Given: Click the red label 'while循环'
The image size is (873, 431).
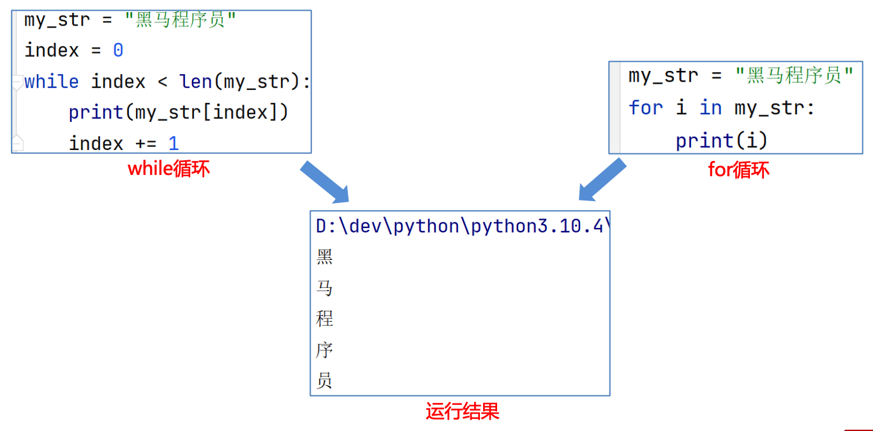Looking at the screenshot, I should click(168, 169).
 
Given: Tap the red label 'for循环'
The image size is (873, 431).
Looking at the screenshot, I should click(738, 169).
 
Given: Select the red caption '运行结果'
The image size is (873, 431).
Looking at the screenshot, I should click(462, 411).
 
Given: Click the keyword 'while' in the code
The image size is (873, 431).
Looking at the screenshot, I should click(52, 82).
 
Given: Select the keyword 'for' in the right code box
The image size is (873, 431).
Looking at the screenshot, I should click(646, 108).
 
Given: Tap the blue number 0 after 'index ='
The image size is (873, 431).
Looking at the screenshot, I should click(118, 50).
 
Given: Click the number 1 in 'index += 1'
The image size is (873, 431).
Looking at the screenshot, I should click(174, 143).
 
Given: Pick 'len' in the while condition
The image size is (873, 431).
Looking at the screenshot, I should click(195, 82).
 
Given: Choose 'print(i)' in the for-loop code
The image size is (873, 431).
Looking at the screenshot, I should click(721, 140).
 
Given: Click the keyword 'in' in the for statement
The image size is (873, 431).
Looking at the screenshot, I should click(710, 108).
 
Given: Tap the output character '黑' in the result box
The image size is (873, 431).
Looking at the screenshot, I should click(325, 257).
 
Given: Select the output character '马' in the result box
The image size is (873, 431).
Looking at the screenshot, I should click(325, 288).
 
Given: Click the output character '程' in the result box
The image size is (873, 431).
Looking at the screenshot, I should click(325, 319).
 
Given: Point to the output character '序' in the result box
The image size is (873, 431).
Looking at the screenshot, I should click(325, 350).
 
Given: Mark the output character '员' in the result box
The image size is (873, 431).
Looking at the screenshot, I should click(325, 381).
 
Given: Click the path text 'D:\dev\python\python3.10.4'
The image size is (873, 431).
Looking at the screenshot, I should click(459, 226).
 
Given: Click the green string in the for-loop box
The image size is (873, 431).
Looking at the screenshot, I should click(794, 76).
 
